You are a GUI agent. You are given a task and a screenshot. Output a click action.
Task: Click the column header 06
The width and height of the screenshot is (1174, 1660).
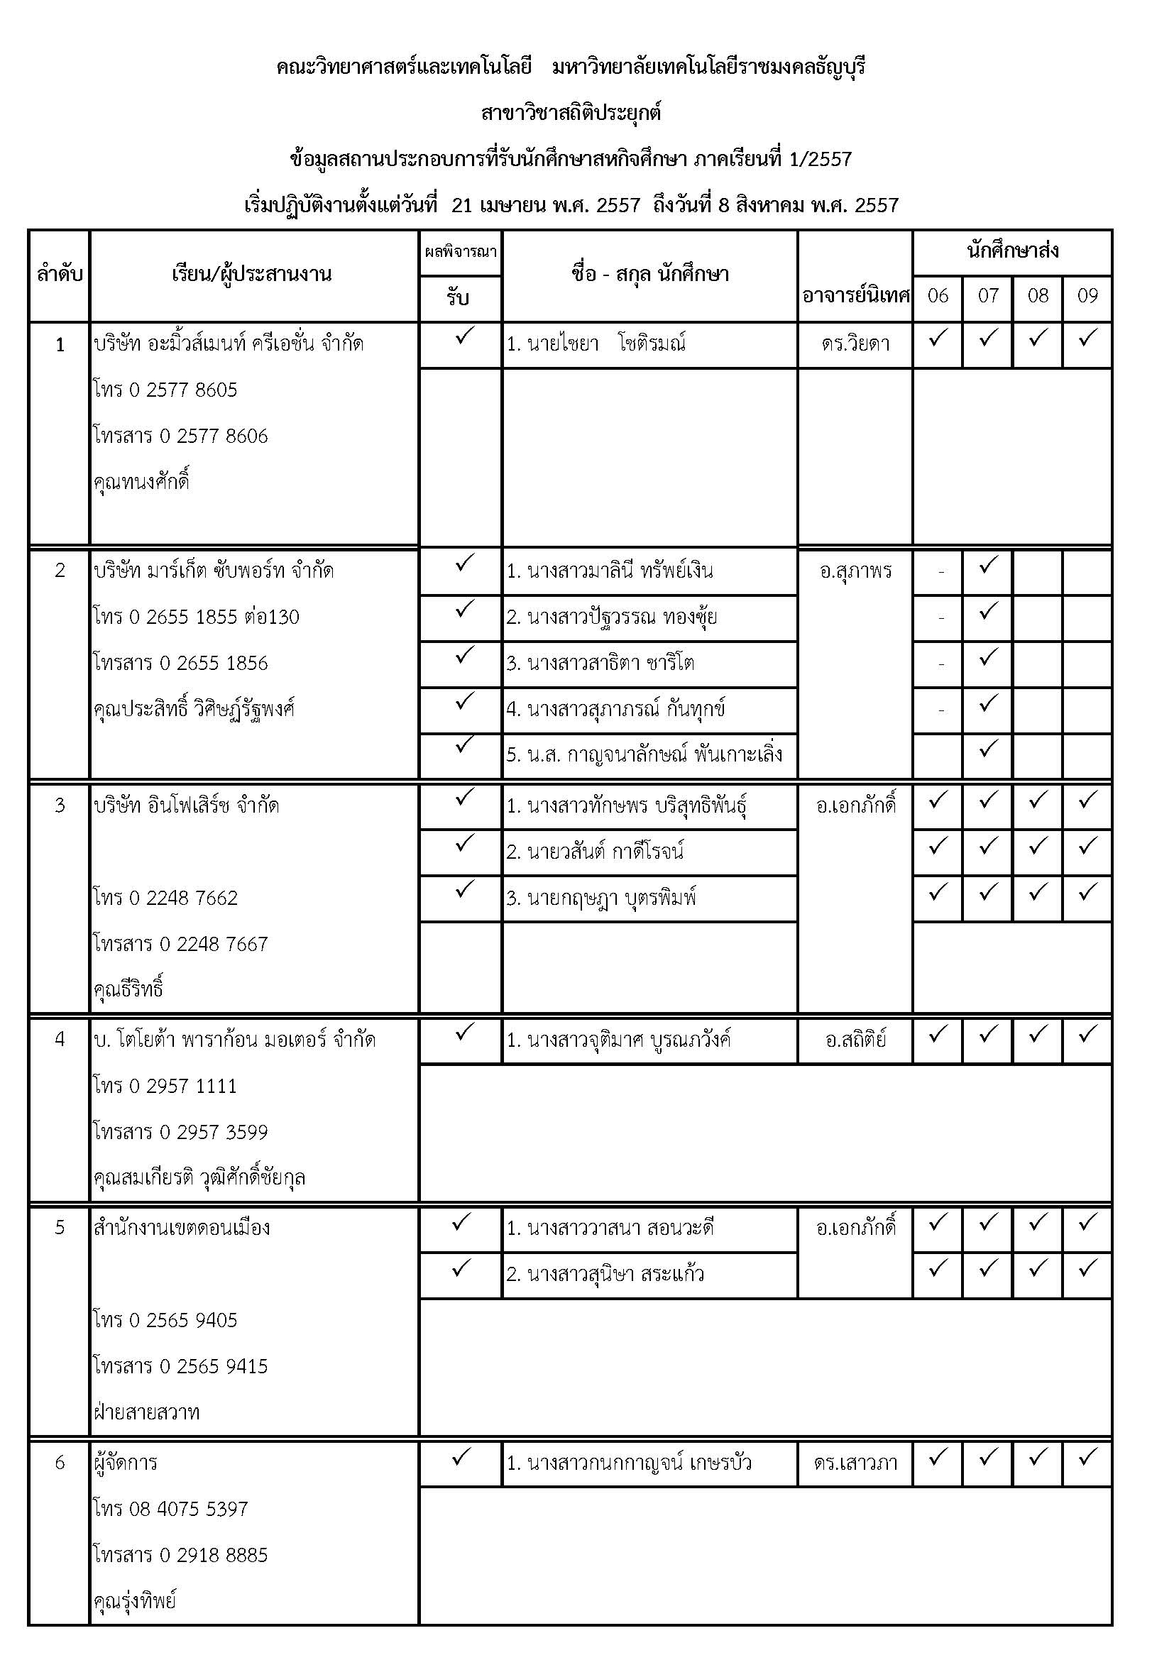pos(938,296)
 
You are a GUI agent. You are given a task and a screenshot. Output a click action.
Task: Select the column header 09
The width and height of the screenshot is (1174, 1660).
pos(1087,296)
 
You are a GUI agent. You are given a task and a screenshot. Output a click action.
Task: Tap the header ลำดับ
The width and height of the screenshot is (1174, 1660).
pos(60,275)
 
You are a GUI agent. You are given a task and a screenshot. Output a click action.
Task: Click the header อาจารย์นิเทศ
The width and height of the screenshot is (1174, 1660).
pos(855,296)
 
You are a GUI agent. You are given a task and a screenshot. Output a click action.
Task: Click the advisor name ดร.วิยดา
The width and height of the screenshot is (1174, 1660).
pos(855,344)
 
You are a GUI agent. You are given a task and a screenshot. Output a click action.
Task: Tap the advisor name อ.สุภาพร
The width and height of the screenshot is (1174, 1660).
pos(855,572)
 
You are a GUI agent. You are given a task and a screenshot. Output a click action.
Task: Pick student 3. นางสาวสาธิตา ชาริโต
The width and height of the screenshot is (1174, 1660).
pos(600,664)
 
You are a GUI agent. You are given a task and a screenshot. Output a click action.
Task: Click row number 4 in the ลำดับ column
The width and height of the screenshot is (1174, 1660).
pos(60,1040)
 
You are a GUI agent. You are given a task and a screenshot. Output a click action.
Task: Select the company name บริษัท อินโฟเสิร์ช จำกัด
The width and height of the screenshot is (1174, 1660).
pos(187,806)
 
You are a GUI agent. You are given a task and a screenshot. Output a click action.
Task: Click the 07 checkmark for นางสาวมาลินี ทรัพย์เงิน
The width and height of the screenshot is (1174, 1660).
pos(987,565)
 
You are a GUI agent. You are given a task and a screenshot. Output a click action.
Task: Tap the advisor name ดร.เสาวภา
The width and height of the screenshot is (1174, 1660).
pos(855,1463)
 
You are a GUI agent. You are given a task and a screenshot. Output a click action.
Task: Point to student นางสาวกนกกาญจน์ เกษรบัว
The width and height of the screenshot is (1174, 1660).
pos(629,1463)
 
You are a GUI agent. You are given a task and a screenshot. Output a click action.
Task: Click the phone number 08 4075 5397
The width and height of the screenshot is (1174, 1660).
pos(170,1509)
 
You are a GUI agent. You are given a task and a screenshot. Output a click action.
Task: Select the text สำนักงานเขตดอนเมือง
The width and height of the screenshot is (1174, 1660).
pos(182,1228)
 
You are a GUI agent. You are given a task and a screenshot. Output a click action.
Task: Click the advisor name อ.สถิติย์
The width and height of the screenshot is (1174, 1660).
pos(855,1040)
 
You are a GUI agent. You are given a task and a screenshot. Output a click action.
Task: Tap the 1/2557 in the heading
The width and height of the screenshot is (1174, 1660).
pos(821,159)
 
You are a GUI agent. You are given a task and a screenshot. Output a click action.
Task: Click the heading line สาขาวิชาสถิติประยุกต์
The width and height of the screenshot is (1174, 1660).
pos(571,114)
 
